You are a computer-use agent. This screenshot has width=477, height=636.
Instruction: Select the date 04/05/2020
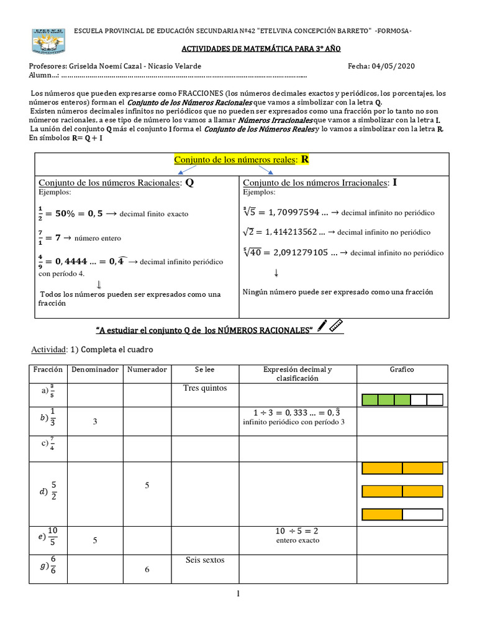[x=394, y=66]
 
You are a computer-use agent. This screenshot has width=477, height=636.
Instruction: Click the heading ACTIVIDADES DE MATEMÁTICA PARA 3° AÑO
[x=238, y=48]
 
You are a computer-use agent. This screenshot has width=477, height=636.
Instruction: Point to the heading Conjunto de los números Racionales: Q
[x=117, y=183]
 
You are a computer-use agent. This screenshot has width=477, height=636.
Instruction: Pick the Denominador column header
[x=94, y=370]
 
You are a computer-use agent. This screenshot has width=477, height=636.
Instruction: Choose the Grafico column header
[x=402, y=370]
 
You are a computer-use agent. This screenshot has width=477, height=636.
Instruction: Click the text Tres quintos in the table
[x=205, y=388]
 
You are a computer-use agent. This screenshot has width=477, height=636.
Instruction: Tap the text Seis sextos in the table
[x=205, y=560]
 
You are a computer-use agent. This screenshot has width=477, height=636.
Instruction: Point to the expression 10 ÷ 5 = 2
[x=297, y=532]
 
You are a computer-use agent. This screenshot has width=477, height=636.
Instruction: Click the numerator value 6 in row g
[x=147, y=570]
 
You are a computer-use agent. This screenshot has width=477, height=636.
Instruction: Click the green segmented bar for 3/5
[x=402, y=399]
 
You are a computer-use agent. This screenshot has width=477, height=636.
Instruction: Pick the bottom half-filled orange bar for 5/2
[x=402, y=514]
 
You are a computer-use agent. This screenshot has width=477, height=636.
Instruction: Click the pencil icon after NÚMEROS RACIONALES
[x=322, y=325]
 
